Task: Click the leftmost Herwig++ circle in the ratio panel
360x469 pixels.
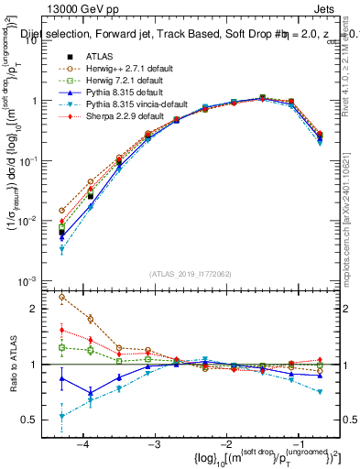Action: point(61,297)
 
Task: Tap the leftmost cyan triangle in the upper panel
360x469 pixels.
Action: point(61,249)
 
